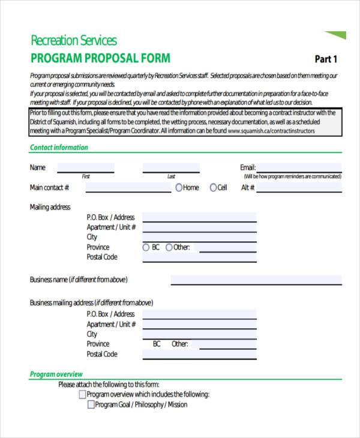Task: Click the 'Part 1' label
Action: tap(326, 59)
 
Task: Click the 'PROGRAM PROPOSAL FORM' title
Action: tap(100, 58)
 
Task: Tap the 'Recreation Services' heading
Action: tap(73, 41)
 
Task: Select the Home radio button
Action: tap(179, 188)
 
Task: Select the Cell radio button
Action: tap(213, 188)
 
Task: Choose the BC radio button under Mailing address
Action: tap(146, 247)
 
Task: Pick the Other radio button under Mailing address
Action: tap(169, 247)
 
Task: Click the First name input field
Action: tap(86, 168)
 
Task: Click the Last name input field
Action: tap(171, 168)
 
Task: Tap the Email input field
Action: tap(299, 167)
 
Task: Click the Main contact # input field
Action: tap(128, 188)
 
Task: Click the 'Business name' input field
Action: tap(256, 280)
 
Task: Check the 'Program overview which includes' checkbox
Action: tap(82, 395)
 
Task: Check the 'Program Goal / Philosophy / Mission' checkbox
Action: tap(91, 405)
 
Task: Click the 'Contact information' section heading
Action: tap(59, 148)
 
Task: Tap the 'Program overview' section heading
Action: tap(55, 374)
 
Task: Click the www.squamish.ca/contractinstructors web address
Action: tap(271, 131)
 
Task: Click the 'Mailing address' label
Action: tap(50, 207)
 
